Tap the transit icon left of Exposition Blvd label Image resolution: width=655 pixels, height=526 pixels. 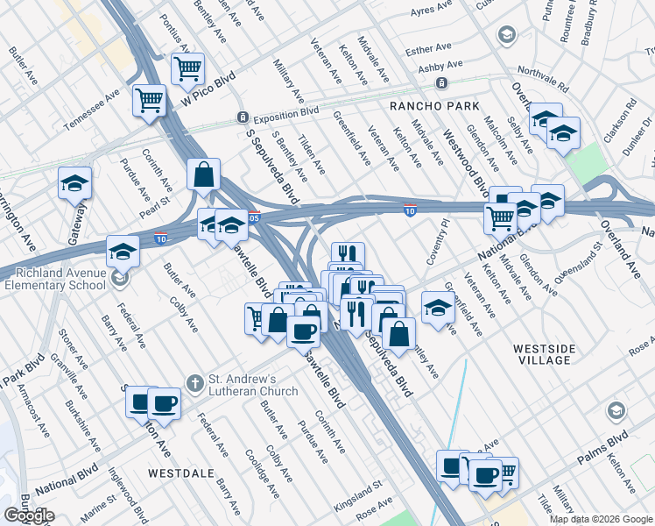pyautogui.click(x=243, y=117)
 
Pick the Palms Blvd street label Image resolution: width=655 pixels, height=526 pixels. pyautogui.click(x=602, y=448)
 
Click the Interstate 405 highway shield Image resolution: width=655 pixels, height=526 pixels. pyautogui.click(x=253, y=217)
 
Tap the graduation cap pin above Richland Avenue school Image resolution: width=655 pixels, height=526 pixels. pyautogui.click(x=123, y=252)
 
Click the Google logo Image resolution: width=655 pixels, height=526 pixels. pyautogui.click(x=29, y=515)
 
